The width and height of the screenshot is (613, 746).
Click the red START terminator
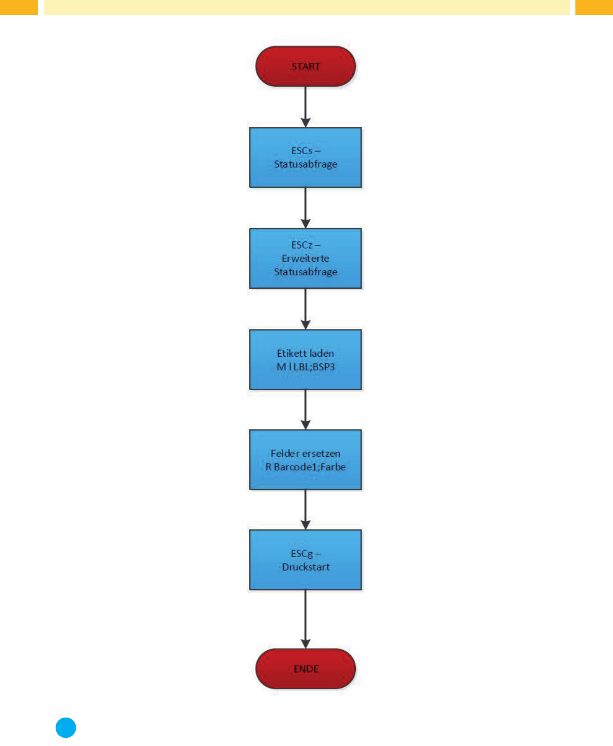pyautogui.click(x=305, y=66)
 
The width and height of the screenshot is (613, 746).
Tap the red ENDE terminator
pyautogui.click(x=305, y=669)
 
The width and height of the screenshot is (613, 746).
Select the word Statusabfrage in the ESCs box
pyautogui.click(x=305, y=164)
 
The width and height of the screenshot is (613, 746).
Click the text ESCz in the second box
pyautogui.click(x=302, y=245)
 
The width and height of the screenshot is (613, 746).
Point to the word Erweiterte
pyautogui.click(x=305, y=258)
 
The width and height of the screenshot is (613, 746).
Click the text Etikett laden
pyautogui.click(x=305, y=353)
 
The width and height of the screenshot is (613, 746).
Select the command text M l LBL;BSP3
pyautogui.click(x=305, y=367)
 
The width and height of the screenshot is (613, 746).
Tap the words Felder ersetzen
pyautogui.click(x=305, y=453)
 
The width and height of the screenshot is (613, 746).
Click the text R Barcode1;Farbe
pyautogui.click(x=305, y=467)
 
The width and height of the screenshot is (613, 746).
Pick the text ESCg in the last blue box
pyautogui.click(x=302, y=554)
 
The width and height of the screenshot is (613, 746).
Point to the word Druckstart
pyautogui.click(x=305, y=567)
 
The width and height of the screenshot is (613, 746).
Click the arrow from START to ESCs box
pyautogui.click(x=305, y=107)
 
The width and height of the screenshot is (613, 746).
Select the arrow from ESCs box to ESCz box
pyautogui.click(x=305, y=208)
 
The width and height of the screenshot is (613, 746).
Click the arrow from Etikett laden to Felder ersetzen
pyautogui.click(x=305, y=410)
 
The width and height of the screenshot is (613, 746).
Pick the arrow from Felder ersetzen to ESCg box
pyautogui.click(x=305, y=510)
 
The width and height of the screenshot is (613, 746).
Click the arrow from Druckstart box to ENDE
pyautogui.click(x=305, y=619)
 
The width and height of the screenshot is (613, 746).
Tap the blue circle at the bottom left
pyautogui.click(x=66, y=727)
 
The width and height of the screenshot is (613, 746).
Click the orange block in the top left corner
pyautogui.click(x=19, y=7)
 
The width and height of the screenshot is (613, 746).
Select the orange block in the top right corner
pyautogui.click(x=594, y=7)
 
